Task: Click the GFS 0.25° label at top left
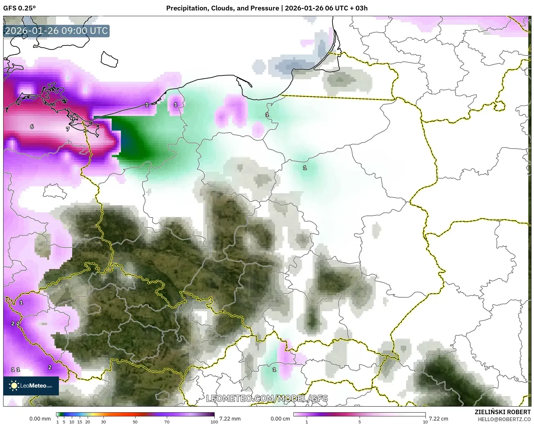(x=20, y=8)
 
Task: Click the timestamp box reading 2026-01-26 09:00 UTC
(x=56, y=31)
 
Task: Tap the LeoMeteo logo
(x=31, y=386)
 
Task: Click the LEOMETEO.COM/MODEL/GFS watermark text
(x=267, y=398)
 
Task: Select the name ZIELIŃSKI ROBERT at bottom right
(x=502, y=412)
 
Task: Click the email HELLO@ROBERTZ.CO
(x=504, y=419)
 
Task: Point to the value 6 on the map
(x=32, y=127)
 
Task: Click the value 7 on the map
(x=67, y=129)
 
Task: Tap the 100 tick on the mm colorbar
(x=214, y=421)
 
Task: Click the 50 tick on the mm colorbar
(x=135, y=421)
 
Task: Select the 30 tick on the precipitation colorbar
(x=104, y=421)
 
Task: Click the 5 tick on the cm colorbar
(x=359, y=421)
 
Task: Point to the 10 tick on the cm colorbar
(x=425, y=421)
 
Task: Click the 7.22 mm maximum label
(x=230, y=419)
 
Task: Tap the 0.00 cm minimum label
(x=280, y=419)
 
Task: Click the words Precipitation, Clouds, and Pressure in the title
(x=223, y=8)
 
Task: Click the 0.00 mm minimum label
(x=40, y=419)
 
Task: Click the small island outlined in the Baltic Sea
(x=109, y=60)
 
